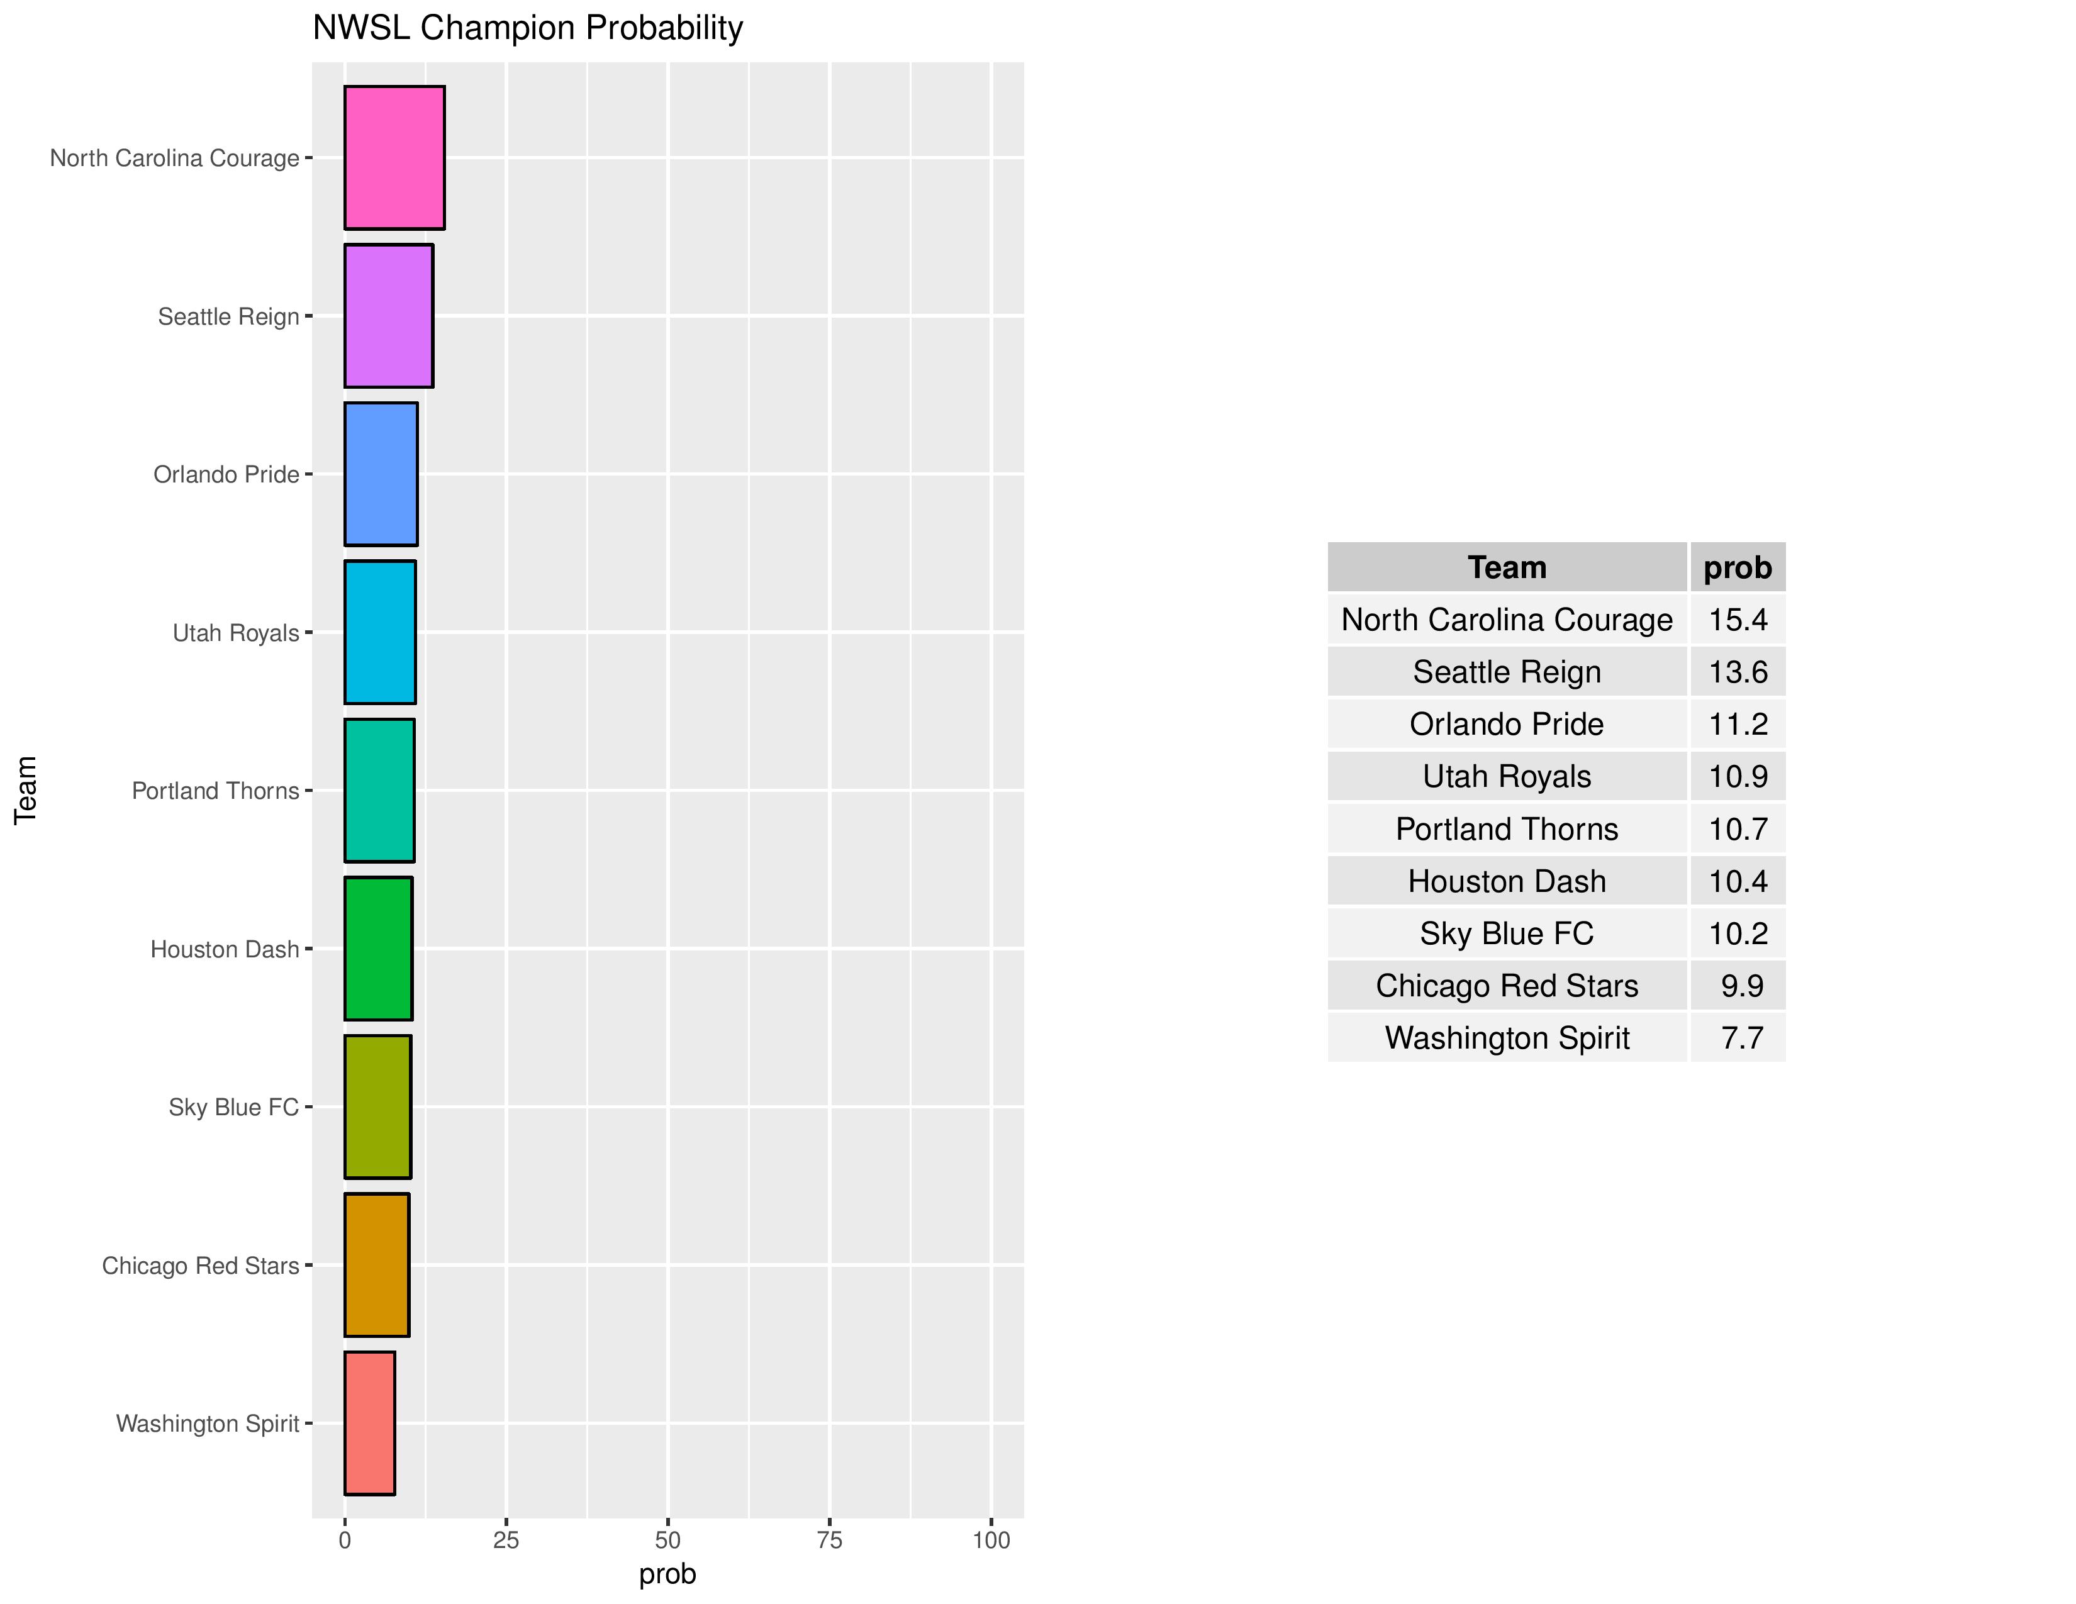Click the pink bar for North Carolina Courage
394,158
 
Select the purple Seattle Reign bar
388,316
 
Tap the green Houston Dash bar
377,949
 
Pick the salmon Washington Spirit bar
369,1422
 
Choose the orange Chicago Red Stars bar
376,1265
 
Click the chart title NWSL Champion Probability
528,28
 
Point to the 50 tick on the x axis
668,1540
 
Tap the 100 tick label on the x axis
990,1540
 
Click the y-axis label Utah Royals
236,633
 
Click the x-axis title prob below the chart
667,1574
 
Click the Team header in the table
1507,567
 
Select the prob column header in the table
1737,567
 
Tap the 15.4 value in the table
1738,620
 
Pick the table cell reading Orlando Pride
1507,724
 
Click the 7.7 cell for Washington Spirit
1741,1038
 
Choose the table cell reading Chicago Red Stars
1507,986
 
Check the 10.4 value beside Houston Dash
1738,881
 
